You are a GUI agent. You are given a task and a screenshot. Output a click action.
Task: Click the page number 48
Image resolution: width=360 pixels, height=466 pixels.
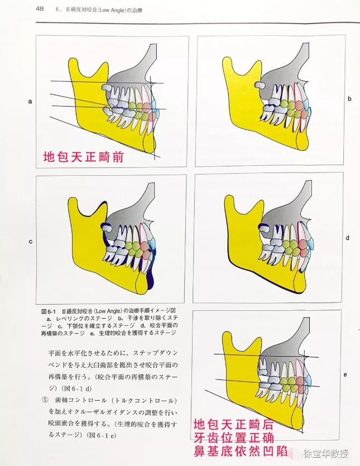tap(40, 8)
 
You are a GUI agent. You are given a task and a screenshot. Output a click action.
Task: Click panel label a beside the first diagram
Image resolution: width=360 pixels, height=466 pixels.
tap(30, 102)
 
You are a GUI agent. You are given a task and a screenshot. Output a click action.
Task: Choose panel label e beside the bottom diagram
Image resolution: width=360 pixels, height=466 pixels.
tap(345, 374)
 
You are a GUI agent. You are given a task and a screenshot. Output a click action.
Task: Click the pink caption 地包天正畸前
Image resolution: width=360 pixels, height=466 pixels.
tap(83, 157)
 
